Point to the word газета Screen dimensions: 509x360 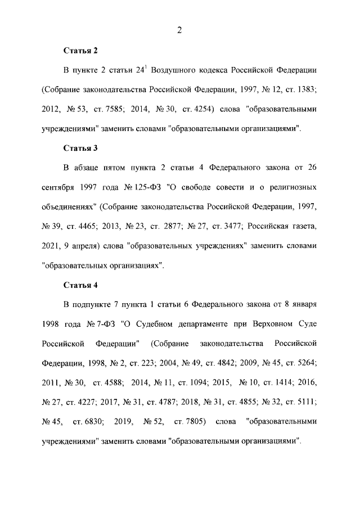[301, 226]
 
